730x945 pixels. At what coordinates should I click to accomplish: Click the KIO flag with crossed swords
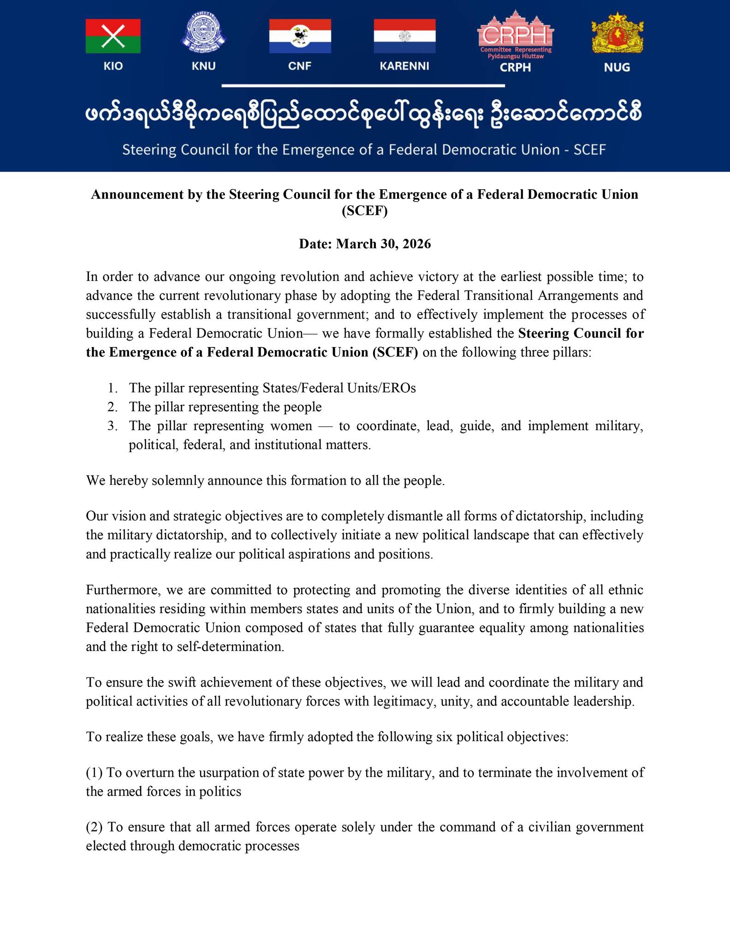[113, 36]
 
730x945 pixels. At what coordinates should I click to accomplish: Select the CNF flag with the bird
[300, 36]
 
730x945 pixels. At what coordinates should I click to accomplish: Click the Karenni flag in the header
[404, 36]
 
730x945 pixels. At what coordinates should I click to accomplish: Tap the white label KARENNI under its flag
[404, 66]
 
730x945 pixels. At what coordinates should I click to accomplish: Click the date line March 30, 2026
[365, 244]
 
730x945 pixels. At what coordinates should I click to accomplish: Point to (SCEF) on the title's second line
[365, 211]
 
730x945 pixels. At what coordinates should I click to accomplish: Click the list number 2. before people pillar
[113, 407]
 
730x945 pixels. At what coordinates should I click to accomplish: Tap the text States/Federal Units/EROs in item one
[339, 388]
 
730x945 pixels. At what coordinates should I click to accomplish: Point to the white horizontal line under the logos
[363, 86]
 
